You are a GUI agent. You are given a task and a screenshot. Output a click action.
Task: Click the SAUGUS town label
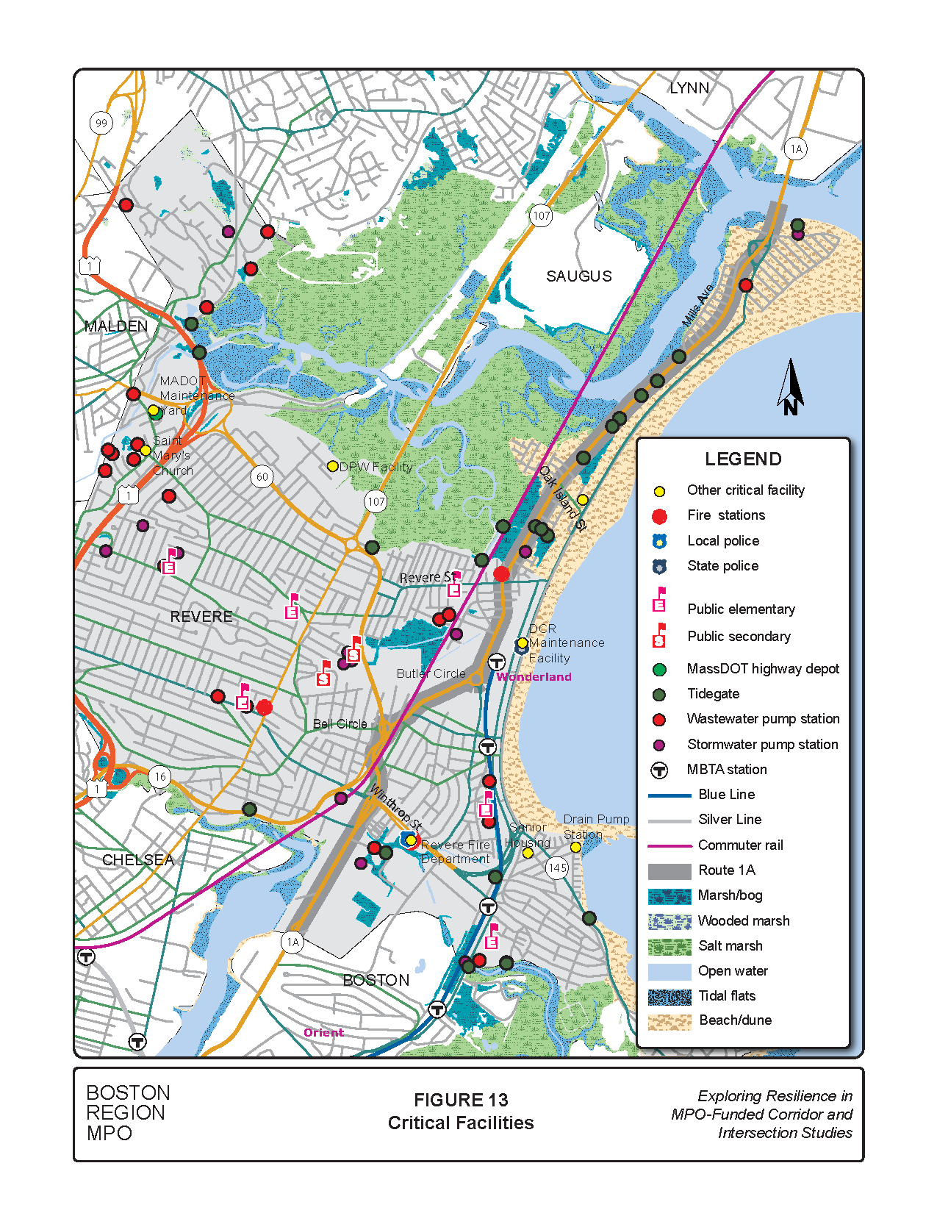578,276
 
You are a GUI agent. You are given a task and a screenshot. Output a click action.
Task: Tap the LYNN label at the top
689,88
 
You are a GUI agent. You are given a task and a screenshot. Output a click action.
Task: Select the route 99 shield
101,123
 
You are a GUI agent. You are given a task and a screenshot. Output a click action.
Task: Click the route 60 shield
262,476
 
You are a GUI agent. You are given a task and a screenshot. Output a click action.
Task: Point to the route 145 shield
558,867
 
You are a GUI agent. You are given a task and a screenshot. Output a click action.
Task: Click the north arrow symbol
791,387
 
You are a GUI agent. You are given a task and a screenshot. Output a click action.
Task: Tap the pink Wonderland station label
534,677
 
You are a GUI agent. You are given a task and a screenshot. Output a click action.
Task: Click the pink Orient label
323,1033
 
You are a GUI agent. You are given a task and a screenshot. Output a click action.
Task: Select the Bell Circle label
340,724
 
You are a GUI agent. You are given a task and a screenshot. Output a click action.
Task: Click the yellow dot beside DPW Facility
332,466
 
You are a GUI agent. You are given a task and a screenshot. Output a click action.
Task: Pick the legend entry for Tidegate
713,694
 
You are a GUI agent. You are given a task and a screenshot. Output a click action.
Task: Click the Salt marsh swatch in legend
669,946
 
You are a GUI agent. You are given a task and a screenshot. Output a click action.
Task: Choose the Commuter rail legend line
669,845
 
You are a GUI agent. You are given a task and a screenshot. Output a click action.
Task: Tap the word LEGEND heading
743,459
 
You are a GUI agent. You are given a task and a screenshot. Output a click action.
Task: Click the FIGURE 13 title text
461,1100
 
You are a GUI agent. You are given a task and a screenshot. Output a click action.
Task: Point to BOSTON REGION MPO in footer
128,1113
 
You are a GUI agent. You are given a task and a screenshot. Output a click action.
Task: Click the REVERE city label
201,617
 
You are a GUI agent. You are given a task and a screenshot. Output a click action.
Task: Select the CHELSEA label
138,860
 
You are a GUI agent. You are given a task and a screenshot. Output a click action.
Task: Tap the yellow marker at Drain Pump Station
575,848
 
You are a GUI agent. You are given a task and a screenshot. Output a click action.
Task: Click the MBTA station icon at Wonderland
497,662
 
